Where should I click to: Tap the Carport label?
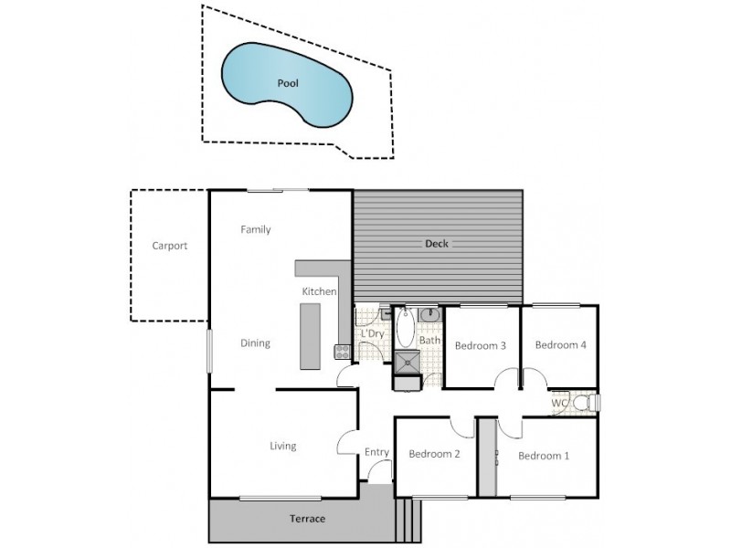point(170,246)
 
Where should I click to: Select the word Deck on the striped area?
point(437,244)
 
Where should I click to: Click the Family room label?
point(256,229)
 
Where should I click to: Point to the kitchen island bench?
point(311,335)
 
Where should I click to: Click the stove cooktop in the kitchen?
point(344,351)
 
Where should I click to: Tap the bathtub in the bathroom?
point(405,328)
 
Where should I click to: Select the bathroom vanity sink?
point(431,315)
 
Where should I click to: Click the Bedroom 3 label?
point(481,345)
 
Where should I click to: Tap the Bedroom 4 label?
point(560,345)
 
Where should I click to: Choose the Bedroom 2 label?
point(433,454)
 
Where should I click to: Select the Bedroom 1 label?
point(544,454)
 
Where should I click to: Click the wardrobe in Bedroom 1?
point(488,457)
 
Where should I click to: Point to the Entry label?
point(376,452)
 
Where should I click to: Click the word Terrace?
point(307,519)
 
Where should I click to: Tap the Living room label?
point(282,446)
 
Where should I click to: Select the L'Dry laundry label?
point(371,334)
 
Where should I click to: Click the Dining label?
point(255,343)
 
